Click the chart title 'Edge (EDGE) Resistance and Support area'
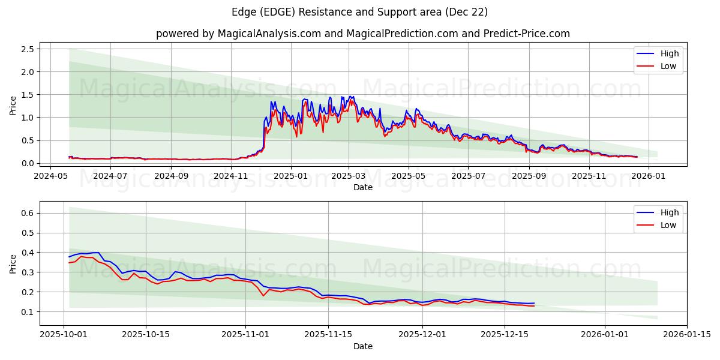[359, 12]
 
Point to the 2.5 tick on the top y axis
[28, 49]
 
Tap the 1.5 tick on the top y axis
[28, 95]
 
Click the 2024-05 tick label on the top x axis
[51, 176]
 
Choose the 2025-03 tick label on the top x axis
[349, 176]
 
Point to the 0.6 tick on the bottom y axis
[28, 213]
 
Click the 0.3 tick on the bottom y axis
[28, 272]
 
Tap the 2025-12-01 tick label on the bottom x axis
[422, 335]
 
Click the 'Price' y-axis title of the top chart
[13, 106]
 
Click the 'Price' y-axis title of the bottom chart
[13, 263]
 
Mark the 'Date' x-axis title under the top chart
[362, 187]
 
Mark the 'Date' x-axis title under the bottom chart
[362, 346]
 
